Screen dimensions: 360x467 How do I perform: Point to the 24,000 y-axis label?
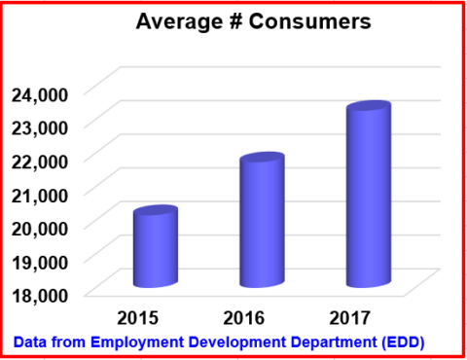pyautogui.click(x=40, y=93)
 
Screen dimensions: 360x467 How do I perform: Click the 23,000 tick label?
pyautogui.click(x=40, y=126)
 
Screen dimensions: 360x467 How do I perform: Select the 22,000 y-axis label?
pyautogui.click(x=40, y=160)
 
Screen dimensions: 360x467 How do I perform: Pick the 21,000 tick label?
pyautogui.click(x=40, y=193)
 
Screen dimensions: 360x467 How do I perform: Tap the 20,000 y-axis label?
pyautogui.click(x=40, y=227)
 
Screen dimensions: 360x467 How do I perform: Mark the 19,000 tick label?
pyautogui.click(x=40, y=260)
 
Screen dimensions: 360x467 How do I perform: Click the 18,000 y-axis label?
pyautogui.click(x=40, y=293)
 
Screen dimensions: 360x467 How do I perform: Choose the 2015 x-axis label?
pyautogui.click(x=138, y=316)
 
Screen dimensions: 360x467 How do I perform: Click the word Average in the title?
pyautogui.click(x=174, y=22)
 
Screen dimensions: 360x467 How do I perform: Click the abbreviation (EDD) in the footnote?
pyautogui.click(x=402, y=342)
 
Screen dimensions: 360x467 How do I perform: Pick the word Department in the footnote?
pyautogui.click(x=329, y=342)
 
